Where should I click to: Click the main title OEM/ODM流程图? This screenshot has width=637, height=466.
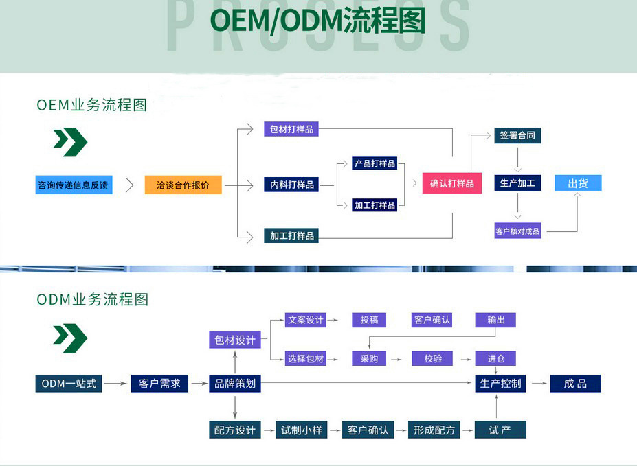[x=317, y=21]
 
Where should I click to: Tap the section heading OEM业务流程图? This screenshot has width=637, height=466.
[x=92, y=105]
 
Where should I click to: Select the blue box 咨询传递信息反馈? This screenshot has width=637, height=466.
[x=74, y=185]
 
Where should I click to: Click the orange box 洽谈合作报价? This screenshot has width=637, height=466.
[x=183, y=185]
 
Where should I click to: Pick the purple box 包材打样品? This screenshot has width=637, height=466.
[x=291, y=129]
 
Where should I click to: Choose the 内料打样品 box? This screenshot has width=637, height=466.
[x=291, y=185]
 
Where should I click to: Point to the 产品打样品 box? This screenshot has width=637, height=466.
[x=375, y=163]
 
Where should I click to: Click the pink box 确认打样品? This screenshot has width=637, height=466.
[x=451, y=184]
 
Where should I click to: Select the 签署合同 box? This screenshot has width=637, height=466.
[x=517, y=135]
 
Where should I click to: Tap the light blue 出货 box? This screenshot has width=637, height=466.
[x=577, y=183]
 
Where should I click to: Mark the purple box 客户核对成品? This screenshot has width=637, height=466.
[x=517, y=231]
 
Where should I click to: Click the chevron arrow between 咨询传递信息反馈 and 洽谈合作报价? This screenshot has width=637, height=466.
[x=129, y=185]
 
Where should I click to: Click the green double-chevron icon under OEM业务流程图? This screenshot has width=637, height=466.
[x=70, y=142]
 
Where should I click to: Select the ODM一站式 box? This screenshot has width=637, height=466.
[x=69, y=384]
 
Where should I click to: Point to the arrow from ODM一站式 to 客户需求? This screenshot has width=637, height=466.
[x=117, y=384]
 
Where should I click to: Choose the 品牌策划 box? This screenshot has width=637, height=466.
[x=235, y=384]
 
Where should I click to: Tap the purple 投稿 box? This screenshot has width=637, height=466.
[x=369, y=320]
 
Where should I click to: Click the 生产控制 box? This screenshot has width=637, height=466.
[x=500, y=384]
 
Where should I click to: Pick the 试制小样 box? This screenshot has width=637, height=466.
[x=301, y=430]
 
